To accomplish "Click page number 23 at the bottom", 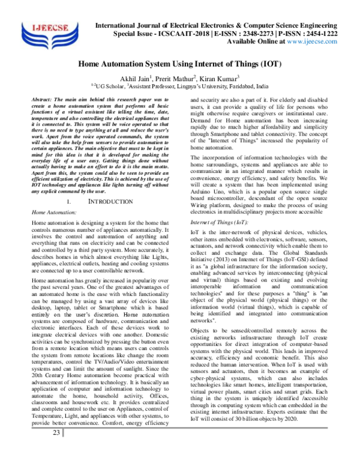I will tap(56, 450).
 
